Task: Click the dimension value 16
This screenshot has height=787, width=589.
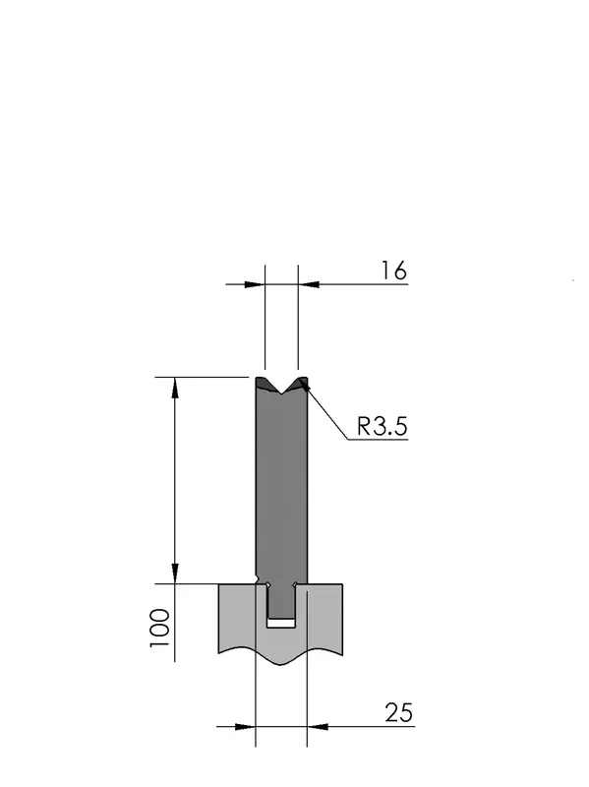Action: click(x=394, y=271)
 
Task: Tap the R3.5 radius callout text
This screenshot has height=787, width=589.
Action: click(x=383, y=427)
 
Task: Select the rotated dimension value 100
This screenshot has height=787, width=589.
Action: click(x=160, y=628)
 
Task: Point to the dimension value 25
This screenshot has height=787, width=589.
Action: click(x=399, y=712)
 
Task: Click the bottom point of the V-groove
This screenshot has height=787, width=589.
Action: click(x=282, y=393)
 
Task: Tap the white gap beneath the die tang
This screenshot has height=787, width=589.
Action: click(x=280, y=623)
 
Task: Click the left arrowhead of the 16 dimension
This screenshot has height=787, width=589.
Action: click(x=255, y=284)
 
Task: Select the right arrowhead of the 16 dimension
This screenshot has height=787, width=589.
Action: click(x=309, y=284)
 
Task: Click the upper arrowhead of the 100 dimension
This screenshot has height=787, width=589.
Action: click(x=175, y=387)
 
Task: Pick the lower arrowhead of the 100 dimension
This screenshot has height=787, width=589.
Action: click(x=175, y=574)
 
